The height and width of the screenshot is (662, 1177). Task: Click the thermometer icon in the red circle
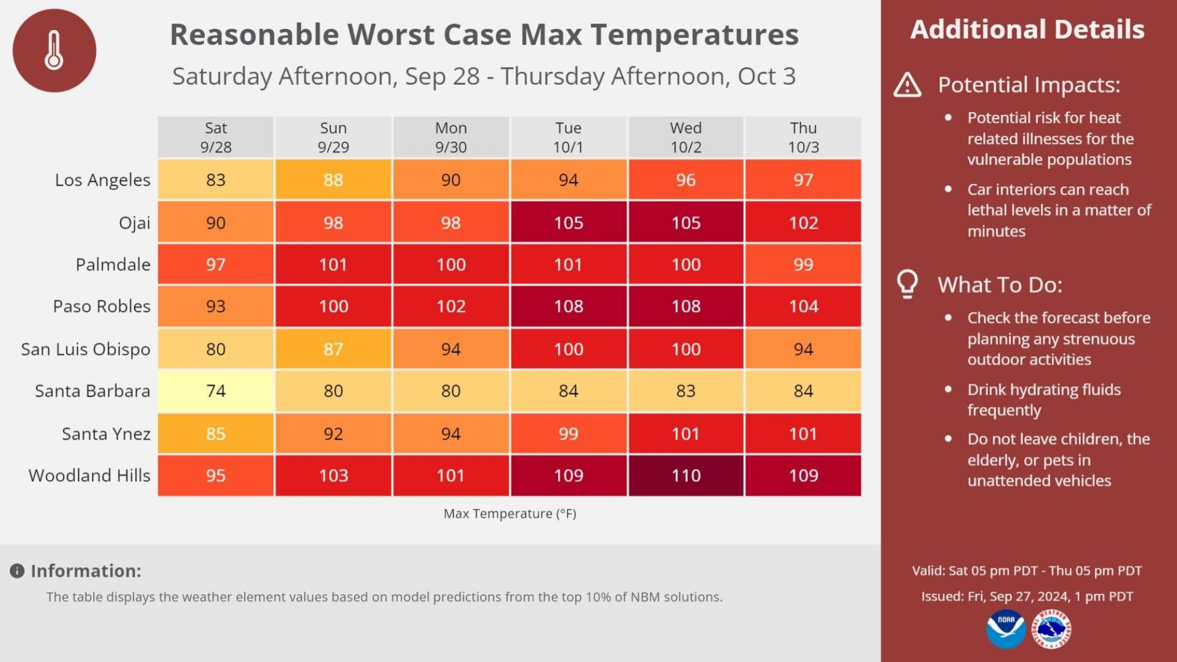tap(54, 50)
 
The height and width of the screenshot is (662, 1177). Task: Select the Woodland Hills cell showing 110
tap(685, 476)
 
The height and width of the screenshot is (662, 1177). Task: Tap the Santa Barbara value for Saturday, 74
tap(215, 391)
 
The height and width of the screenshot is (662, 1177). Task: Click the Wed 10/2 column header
tap(685, 137)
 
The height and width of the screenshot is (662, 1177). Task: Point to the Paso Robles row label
tap(101, 306)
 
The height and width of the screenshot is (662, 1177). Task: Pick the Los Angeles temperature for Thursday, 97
tap(803, 180)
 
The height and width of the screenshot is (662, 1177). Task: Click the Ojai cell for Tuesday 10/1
tap(568, 223)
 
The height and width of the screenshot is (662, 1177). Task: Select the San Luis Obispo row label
tap(85, 349)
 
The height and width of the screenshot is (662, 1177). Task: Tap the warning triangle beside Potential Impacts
tap(907, 85)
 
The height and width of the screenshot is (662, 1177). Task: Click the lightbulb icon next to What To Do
tap(907, 284)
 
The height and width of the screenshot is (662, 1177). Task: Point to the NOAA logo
tap(1006, 628)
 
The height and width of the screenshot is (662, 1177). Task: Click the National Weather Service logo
tap(1052, 629)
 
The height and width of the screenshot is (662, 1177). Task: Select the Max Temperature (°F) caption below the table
tap(509, 514)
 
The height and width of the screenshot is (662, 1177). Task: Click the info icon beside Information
tap(17, 571)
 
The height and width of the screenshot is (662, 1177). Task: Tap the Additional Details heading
tap(1027, 29)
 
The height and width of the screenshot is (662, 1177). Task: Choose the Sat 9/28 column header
tap(215, 137)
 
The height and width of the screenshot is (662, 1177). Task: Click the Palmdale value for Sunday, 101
tap(333, 265)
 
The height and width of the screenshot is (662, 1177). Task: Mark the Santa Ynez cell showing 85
tap(215, 434)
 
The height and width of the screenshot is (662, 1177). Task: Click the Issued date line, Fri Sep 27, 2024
tap(1027, 596)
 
